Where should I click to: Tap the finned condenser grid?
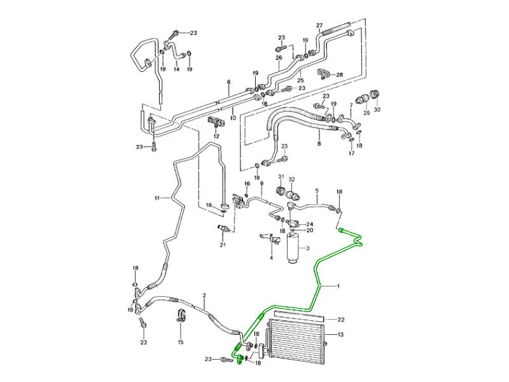[x=296, y=346]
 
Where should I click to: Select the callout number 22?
[x=340, y=319]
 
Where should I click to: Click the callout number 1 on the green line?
[x=339, y=286]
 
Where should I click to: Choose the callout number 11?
[x=156, y=199]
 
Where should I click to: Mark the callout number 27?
[x=319, y=25]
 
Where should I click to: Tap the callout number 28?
[x=339, y=74]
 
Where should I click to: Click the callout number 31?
[x=280, y=178]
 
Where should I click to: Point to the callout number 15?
[x=180, y=343]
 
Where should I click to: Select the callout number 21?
[x=223, y=244]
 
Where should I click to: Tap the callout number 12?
[x=216, y=136]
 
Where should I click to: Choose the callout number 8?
[x=319, y=145]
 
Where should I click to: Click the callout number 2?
[x=204, y=295]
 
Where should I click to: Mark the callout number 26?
[x=278, y=57]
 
